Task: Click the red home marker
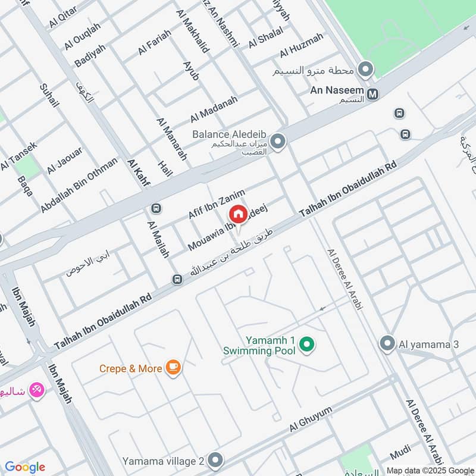pos(238,214)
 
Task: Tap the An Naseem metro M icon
pos(374,94)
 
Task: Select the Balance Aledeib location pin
pos(277,142)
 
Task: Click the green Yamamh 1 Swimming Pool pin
pos(306,344)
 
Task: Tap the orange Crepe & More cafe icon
pos(173,368)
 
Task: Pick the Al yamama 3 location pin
pos(387,343)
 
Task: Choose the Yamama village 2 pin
pos(216,460)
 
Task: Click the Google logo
pos(24,467)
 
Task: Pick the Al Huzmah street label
pos(301,46)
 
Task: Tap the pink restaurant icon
pos(37,390)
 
